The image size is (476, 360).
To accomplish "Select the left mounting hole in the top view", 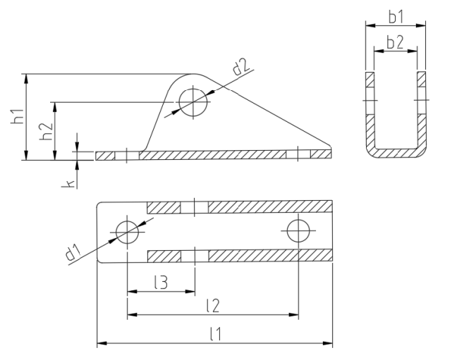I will click(127, 231).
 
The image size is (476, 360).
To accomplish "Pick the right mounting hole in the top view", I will click(298, 231).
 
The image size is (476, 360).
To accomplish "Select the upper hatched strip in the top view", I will click(240, 207).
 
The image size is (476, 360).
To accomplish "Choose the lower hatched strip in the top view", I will click(240, 255).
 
